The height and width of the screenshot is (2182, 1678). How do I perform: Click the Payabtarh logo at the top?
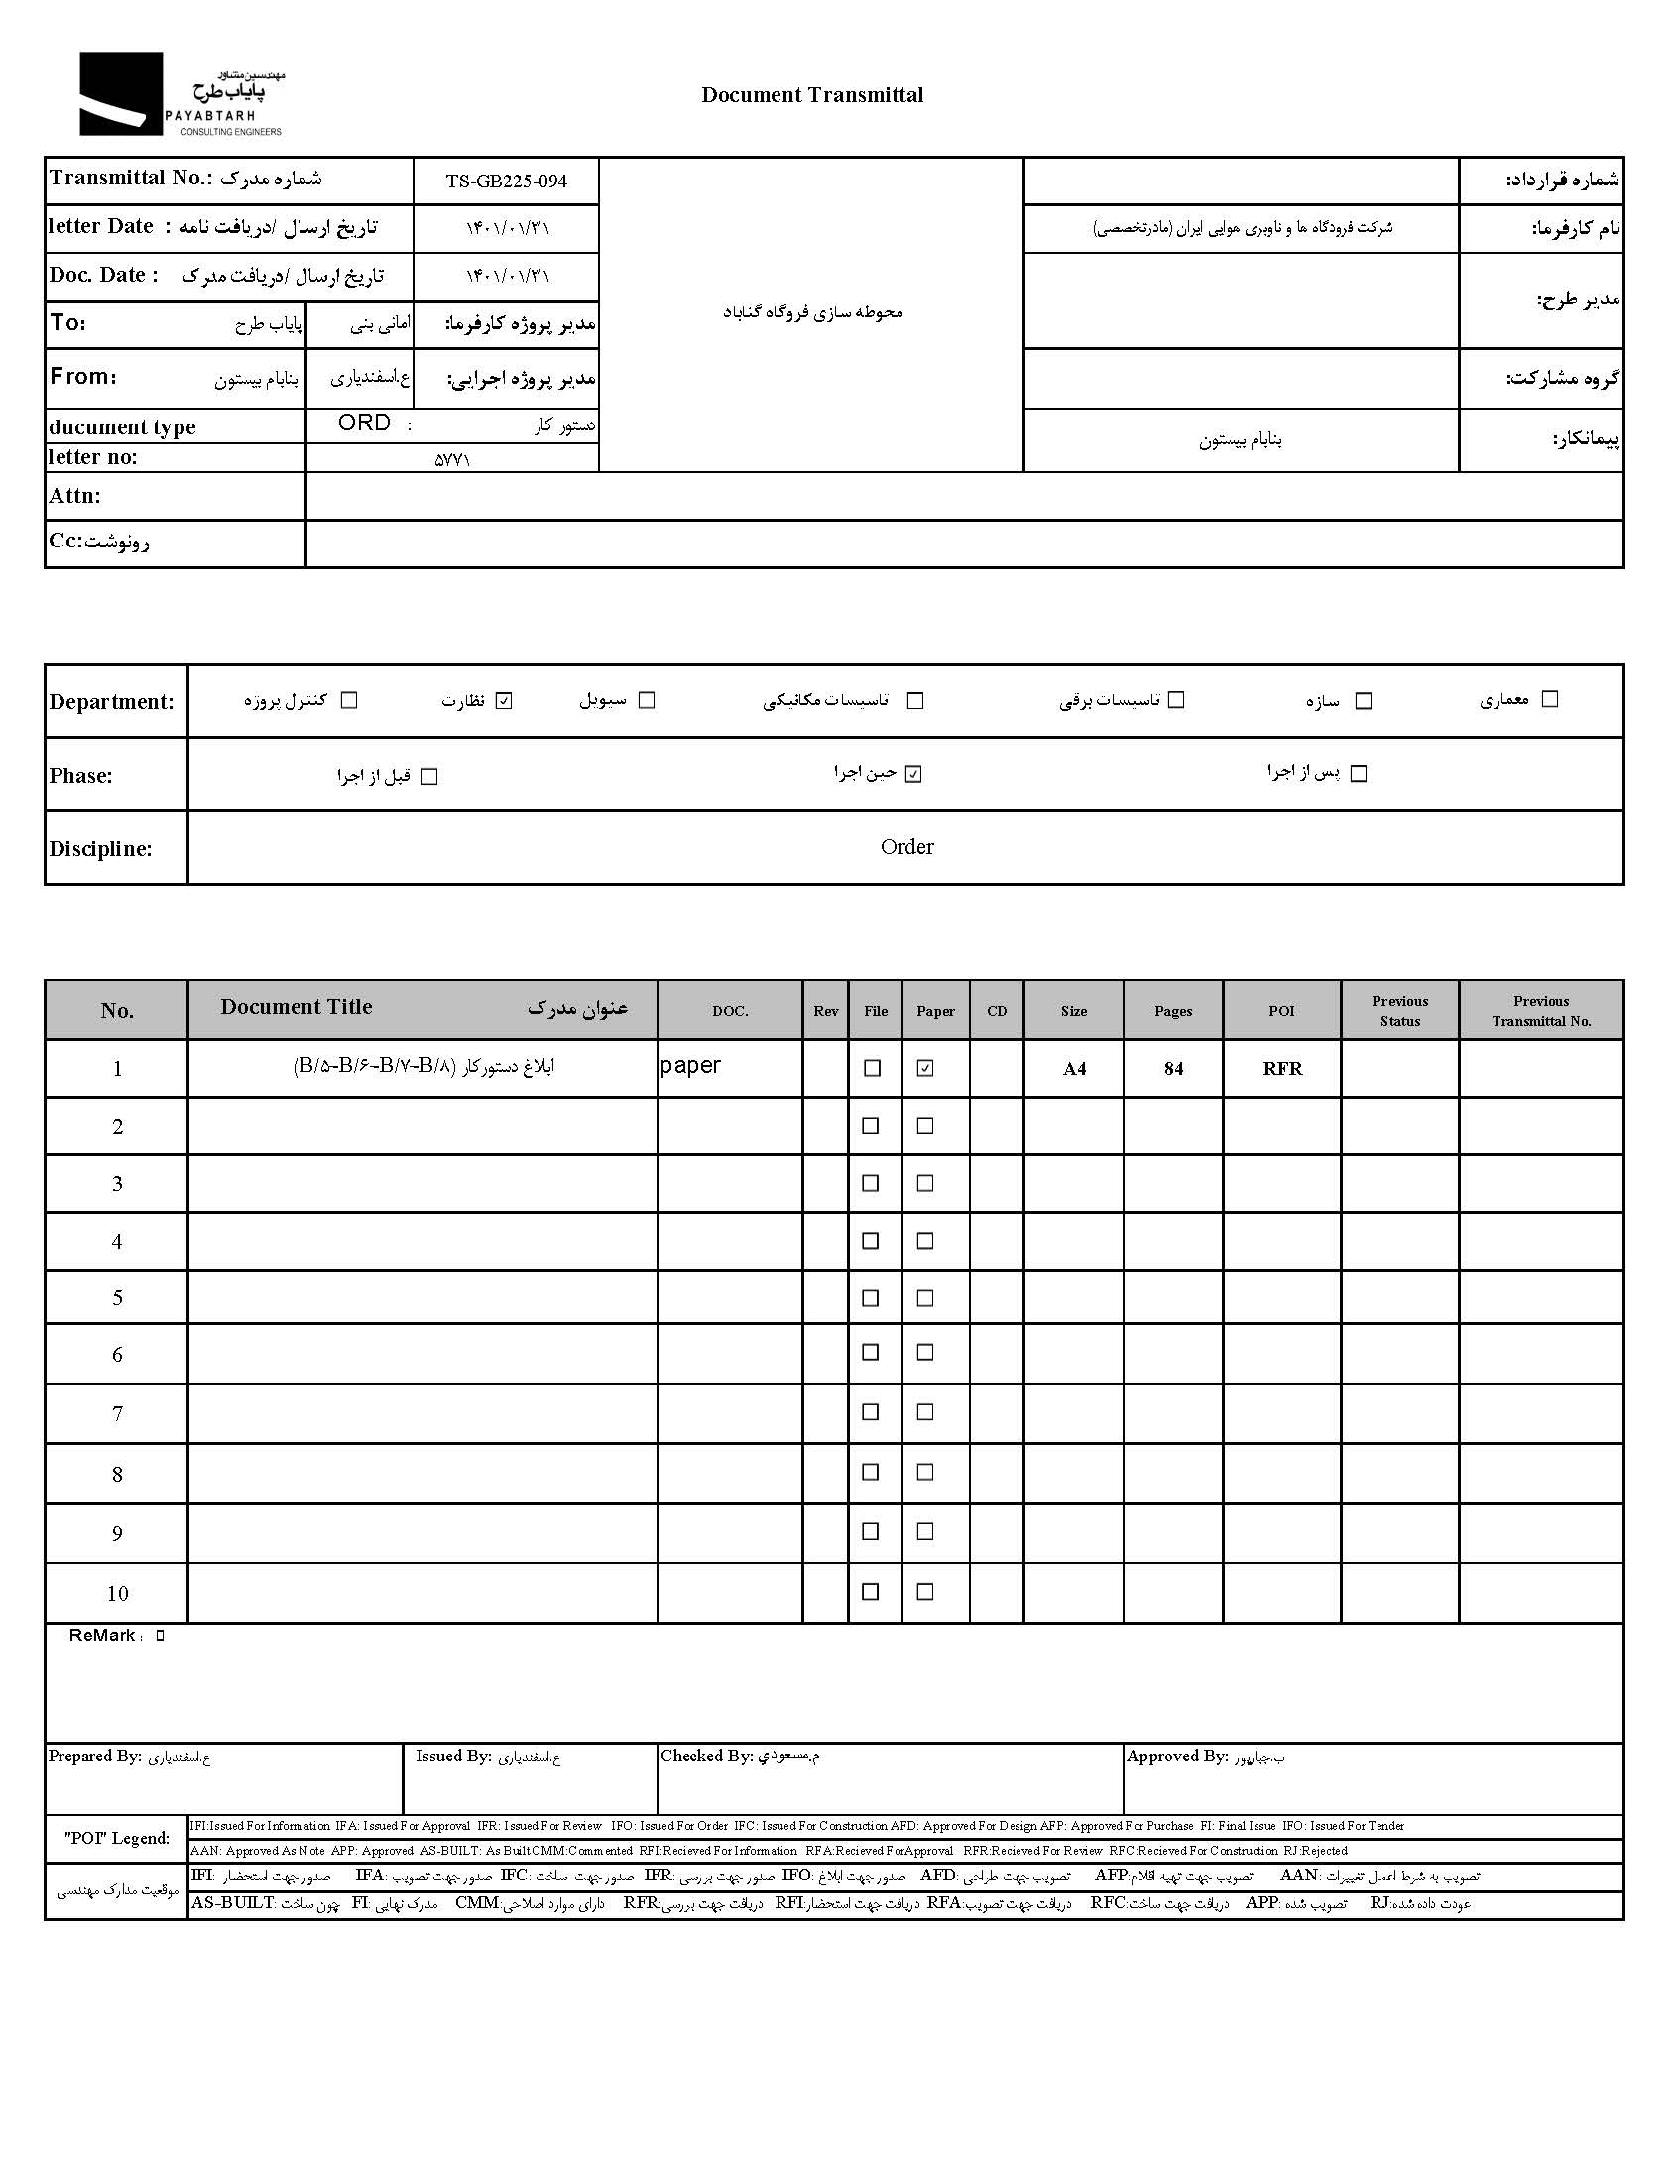(x=180, y=94)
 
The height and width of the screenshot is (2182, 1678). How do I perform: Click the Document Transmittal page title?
(x=811, y=95)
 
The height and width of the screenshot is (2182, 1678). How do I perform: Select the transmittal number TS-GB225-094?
(x=506, y=181)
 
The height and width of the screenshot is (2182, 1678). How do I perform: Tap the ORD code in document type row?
(x=364, y=424)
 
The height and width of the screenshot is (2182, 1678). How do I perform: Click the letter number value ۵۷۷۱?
(x=451, y=459)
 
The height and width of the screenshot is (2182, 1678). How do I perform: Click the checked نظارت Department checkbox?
(x=505, y=700)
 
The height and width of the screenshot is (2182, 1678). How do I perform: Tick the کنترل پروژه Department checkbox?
(x=348, y=700)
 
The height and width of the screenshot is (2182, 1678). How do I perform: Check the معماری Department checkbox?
(x=1549, y=699)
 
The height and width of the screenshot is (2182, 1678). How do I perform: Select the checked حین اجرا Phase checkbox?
(x=913, y=774)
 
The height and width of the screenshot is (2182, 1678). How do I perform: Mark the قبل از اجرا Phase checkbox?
(x=429, y=776)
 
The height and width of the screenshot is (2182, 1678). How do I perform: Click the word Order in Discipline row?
(x=905, y=847)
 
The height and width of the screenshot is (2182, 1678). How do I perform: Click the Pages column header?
(x=1172, y=1011)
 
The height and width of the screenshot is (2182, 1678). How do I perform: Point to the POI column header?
(x=1281, y=1011)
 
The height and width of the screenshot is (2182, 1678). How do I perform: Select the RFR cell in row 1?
(x=1281, y=1068)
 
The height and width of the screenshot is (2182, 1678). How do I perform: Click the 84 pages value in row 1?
(x=1172, y=1068)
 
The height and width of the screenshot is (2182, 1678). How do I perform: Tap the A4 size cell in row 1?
(x=1074, y=1068)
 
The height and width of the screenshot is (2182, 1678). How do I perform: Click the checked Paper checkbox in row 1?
(x=925, y=1068)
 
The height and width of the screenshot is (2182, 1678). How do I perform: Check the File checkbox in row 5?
(x=870, y=1297)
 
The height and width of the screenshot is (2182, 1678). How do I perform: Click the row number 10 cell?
(x=117, y=1593)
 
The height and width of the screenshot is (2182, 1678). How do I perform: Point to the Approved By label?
(x=1175, y=1756)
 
